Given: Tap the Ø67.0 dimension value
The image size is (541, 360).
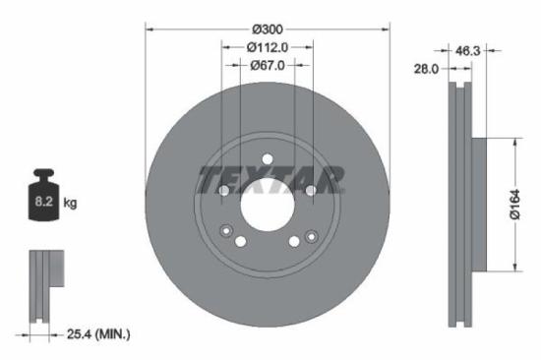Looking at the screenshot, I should (268, 66).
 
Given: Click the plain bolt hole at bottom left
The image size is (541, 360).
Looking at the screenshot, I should (242, 241).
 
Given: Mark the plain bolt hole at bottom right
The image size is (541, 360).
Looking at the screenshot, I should (294, 241).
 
